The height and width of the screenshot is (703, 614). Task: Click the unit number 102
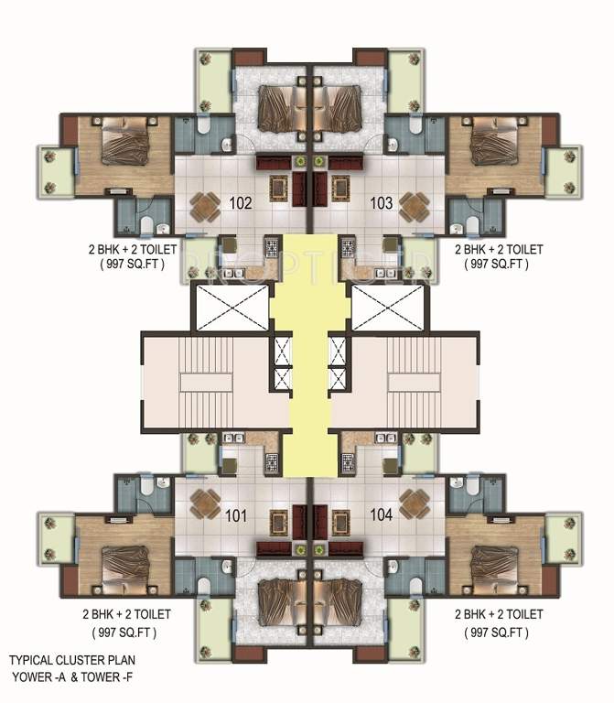241,203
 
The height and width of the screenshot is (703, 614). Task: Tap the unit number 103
382,203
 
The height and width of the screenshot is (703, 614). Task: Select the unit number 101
236,515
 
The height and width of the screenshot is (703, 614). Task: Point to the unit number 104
382,515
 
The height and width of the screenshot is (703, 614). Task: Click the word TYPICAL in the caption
31,659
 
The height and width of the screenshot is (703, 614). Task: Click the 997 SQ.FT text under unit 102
124,265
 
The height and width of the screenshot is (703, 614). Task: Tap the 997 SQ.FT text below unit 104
498,633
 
